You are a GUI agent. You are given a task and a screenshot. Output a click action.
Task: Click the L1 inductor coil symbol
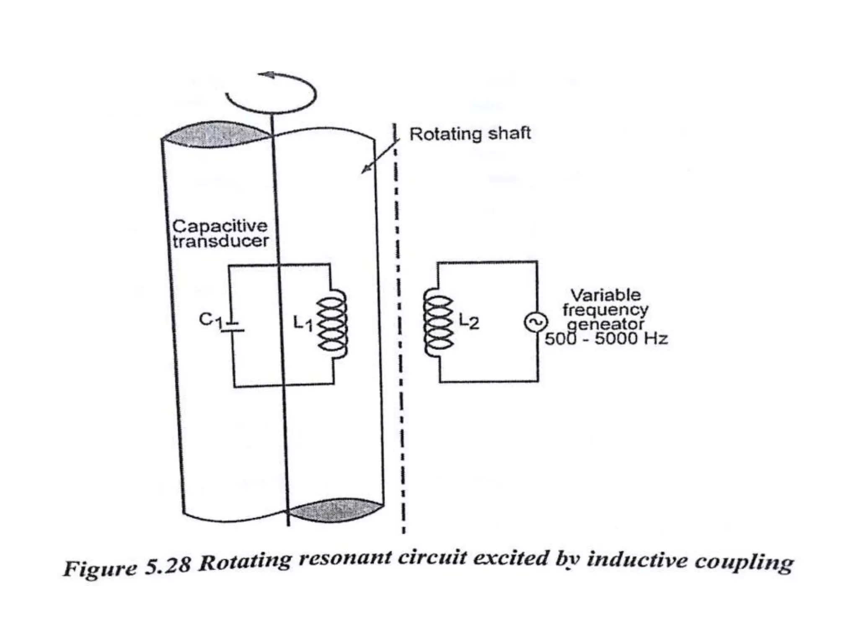click(333, 324)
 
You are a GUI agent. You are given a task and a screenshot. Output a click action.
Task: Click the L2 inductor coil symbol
click(438, 322)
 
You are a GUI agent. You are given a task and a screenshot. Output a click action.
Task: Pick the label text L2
click(469, 321)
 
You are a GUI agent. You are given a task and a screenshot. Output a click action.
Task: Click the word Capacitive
click(220, 226)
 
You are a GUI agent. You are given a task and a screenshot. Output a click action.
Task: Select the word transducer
click(221, 241)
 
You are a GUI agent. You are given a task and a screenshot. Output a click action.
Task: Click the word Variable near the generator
click(605, 295)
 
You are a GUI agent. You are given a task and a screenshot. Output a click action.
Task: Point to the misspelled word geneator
click(605, 324)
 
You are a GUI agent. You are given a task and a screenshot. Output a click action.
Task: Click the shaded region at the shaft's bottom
click(335, 510)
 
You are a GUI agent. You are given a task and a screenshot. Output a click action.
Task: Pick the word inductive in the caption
click(637, 560)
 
